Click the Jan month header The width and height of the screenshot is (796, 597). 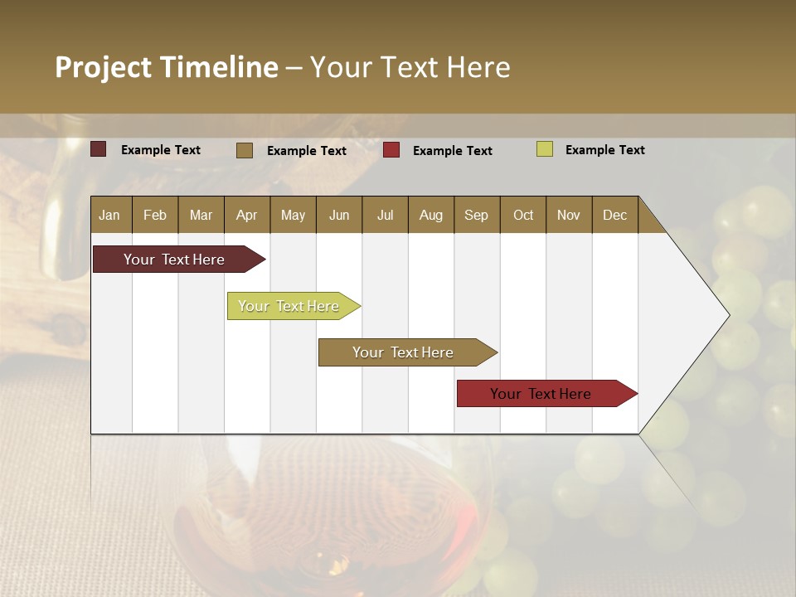(x=109, y=215)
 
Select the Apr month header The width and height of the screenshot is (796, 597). (x=246, y=215)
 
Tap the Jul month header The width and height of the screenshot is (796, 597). (x=385, y=215)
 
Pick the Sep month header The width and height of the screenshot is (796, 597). (x=476, y=215)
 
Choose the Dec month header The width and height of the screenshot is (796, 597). (x=614, y=215)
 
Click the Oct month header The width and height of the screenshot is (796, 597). (x=522, y=215)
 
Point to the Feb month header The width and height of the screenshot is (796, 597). (x=155, y=215)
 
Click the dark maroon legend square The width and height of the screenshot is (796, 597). (x=99, y=149)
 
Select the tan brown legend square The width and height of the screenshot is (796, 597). (x=245, y=150)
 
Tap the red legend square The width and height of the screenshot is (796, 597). (x=391, y=150)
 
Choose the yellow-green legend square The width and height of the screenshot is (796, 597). (x=545, y=149)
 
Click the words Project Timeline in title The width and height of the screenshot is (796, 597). (x=166, y=67)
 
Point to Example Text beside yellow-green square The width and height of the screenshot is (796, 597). (x=604, y=150)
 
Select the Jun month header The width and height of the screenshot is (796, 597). (x=339, y=215)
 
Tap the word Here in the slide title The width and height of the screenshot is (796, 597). (x=478, y=67)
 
